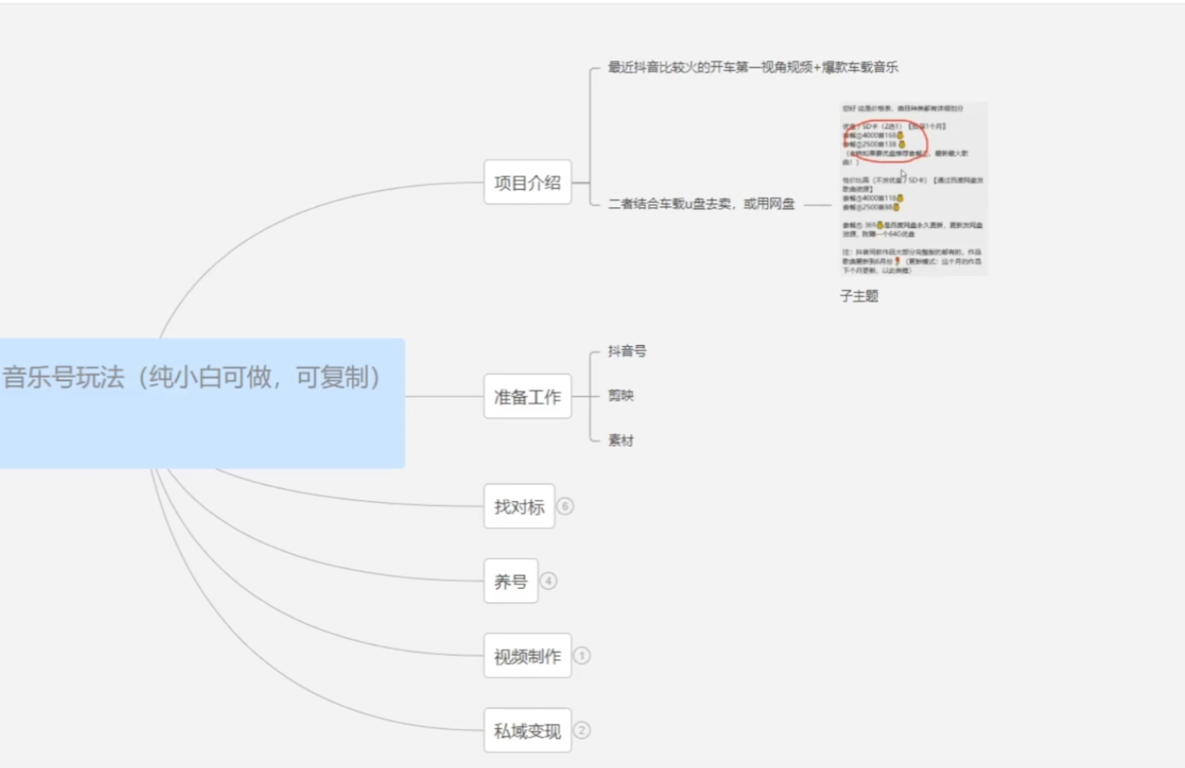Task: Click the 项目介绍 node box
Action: click(527, 183)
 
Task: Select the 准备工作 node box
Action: click(527, 396)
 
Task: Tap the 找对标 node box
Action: click(519, 507)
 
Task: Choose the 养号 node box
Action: click(511, 581)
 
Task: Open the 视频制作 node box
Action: click(527, 656)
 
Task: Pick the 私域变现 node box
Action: click(527, 731)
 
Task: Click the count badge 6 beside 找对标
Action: click(566, 506)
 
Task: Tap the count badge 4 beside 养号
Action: click(548, 581)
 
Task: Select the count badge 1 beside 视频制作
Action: click(582, 656)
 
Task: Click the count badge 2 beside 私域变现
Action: click(582, 731)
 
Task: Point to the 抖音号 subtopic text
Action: click(627, 351)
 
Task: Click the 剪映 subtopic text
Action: click(621, 396)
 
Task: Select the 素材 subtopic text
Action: click(621, 440)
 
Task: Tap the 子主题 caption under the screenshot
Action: click(859, 296)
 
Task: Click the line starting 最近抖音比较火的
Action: click(753, 68)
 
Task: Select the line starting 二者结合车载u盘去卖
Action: click(701, 204)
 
